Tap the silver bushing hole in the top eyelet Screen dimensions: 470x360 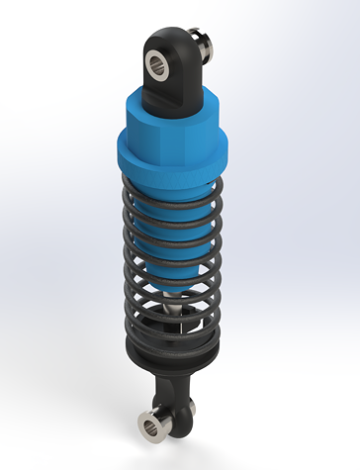tap(158, 64)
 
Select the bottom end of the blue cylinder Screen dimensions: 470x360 tap(173, 287)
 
